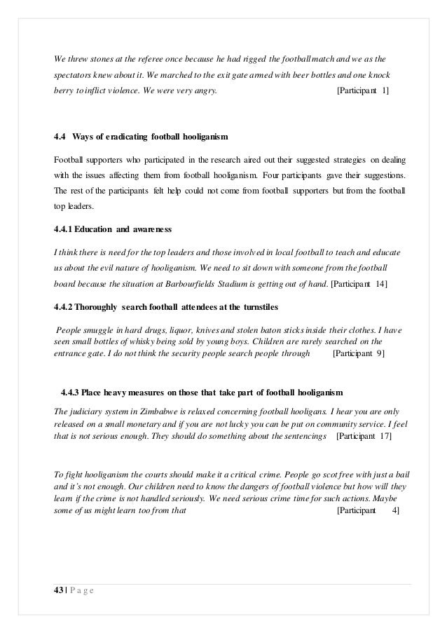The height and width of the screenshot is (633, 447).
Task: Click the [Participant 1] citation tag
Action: click(x=364, y=91)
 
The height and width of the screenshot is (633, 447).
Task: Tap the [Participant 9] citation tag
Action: click(x=357, y=355)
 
